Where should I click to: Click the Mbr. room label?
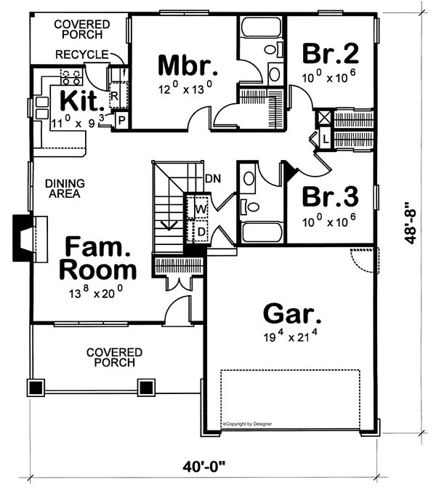[x=187, y=65]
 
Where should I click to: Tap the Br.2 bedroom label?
[x=330, y=53]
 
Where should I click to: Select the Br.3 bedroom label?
[x=330, y=196]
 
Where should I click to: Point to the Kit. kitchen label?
[x=82, y=100]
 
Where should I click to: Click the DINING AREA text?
[x=65, y=188]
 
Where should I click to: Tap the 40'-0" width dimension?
[x=203, y=467]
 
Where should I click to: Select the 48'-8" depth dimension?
[x=411, y=222]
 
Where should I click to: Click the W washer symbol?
[x=201, y=209]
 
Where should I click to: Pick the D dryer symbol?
[x=202, y=232]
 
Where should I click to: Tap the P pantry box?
[x=122, y=120]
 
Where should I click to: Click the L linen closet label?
[x=326, y=139]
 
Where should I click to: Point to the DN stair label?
[x=213, y=178]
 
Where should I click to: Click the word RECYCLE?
[x=82, y=55]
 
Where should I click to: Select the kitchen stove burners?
[x=71, y=78]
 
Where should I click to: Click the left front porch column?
[x=36, y=387]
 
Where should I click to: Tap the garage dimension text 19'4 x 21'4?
[x=291, y=336]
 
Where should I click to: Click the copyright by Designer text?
[x=247, y=424]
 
